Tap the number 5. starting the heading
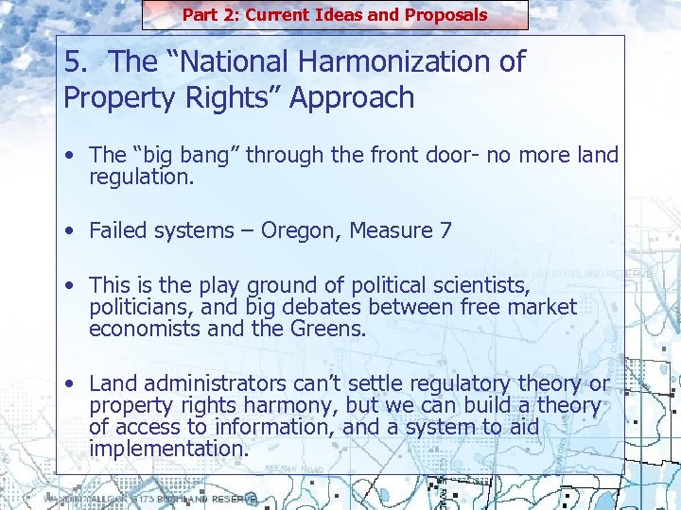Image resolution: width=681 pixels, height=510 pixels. click(77, 62)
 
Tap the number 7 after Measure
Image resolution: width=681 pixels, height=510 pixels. click(445, 229)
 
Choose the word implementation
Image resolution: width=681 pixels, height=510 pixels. click(169, 449)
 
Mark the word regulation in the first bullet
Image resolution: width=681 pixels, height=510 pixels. click(141, 176)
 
